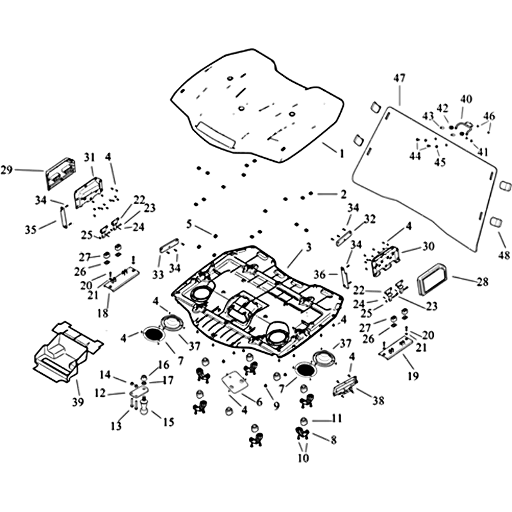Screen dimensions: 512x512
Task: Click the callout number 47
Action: tap(399, 78)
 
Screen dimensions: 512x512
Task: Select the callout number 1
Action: tap(341, 154)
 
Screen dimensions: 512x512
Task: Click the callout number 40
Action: tap(466, 99)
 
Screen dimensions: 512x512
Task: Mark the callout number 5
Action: tap(189, 224)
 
